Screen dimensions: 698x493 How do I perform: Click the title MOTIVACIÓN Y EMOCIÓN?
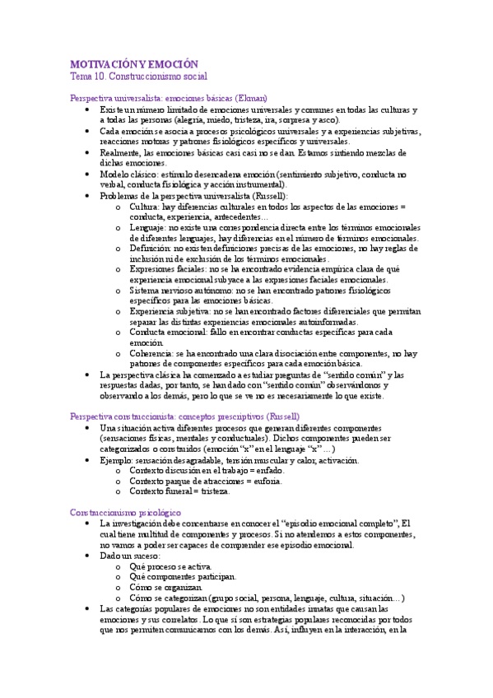tap(135, 64)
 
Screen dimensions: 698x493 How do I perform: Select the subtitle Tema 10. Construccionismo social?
tap(138, 76)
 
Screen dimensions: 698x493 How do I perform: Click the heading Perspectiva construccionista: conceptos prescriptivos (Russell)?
tap(185, 416)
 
